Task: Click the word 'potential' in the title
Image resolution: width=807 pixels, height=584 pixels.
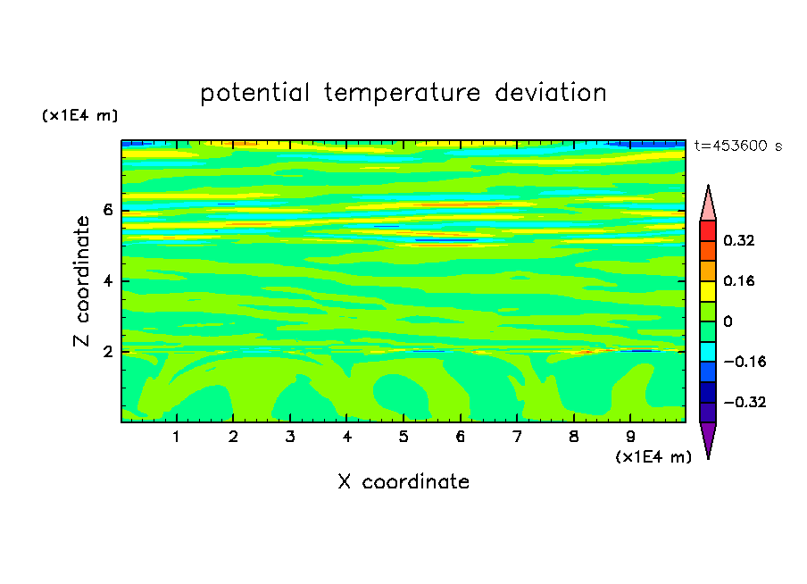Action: click(x=254, y=94)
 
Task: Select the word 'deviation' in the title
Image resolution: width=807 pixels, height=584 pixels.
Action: click(x=551, y=93)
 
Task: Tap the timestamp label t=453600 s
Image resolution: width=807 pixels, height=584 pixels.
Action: click(x=738, y=146)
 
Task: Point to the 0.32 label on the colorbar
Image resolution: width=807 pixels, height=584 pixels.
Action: click(x=738, y=240)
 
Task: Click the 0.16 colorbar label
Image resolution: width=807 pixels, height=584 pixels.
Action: click(x=738, y=280)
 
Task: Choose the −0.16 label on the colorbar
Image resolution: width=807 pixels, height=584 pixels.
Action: click(x=745, y=362)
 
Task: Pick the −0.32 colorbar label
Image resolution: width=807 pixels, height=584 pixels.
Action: click(x=745, y=402)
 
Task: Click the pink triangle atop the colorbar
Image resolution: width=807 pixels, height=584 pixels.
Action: click(x=708, y=205)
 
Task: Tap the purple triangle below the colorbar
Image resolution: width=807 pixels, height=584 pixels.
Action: click(x=708, y=438)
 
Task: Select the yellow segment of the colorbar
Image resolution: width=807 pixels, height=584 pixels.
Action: click(x=708, y=291)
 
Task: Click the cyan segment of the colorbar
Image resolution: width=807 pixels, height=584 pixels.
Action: click(x=708, y=351)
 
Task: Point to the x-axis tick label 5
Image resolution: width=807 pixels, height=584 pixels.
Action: click(x=403, y=437)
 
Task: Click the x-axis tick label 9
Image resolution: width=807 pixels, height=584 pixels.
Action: click(x=630, y=437)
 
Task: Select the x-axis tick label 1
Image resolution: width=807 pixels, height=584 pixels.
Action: click(x=177, y=437)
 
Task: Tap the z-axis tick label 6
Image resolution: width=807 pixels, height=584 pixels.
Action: click(x=107, y=210)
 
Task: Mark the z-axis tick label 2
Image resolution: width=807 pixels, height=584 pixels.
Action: click(x=107, y=352)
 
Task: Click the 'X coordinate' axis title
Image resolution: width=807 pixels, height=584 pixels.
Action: click(x=403, y=481)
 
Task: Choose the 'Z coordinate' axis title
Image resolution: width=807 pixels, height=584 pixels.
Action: click(x=81, y=281)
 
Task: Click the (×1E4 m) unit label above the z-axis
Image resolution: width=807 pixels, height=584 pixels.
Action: click(x=79, y=115)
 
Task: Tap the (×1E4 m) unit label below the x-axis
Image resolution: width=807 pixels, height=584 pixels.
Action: click(x=653, y=457)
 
